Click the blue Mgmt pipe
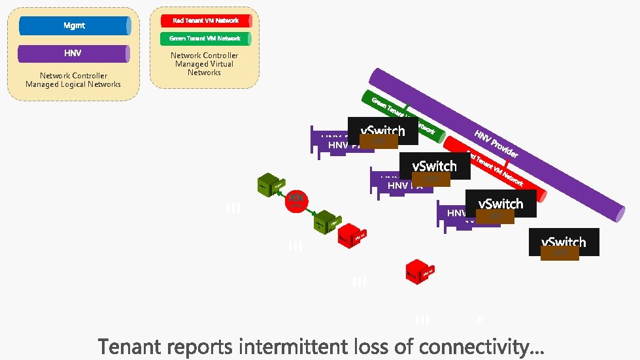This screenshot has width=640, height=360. (75, 25)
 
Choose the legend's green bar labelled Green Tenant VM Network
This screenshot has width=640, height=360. (205, 39)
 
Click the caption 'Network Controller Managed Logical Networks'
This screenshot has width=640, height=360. (73, 80)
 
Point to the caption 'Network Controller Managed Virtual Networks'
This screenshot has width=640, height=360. (204, 64)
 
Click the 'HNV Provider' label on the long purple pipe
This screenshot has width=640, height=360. (496, 144)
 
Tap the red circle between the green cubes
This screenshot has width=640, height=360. (296, 201)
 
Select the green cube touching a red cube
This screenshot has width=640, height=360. (325, 223)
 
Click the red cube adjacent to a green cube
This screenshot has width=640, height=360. (352, 235)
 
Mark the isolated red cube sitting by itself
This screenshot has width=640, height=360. (418, 271)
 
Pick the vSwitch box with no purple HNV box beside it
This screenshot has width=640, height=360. (564, 242)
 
